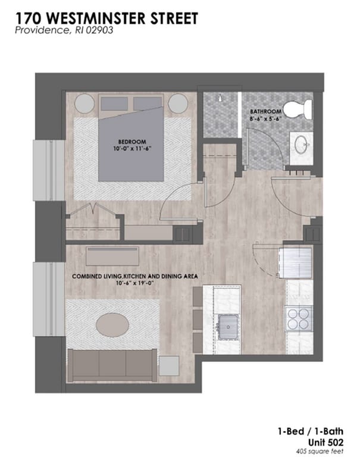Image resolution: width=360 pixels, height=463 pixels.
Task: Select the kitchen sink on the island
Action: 228,327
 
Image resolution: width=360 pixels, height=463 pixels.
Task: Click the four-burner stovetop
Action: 299,318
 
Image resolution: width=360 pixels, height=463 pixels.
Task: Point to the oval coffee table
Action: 112,325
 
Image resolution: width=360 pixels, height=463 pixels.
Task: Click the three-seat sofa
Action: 112,365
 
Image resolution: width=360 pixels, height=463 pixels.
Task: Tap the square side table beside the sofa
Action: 169,366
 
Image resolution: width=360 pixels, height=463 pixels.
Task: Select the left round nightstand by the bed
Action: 84,104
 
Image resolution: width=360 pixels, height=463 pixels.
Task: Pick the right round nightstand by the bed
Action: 178,104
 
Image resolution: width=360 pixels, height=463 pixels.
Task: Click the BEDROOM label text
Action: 132,142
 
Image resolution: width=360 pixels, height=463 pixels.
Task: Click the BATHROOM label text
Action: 265,112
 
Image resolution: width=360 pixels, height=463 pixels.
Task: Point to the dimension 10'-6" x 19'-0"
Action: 136,283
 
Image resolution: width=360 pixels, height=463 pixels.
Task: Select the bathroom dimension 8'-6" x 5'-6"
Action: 264,118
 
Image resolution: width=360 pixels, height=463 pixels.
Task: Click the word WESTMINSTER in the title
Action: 98,18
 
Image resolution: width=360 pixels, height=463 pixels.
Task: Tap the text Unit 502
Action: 325,442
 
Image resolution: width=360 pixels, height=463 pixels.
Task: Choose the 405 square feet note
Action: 320,452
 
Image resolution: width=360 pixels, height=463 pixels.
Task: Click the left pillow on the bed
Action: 115,104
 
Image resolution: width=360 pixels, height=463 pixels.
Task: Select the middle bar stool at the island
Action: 198,319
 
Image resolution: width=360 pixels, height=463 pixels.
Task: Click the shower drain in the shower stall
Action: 220,98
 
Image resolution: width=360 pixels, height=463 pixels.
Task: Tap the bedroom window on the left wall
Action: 49,170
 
